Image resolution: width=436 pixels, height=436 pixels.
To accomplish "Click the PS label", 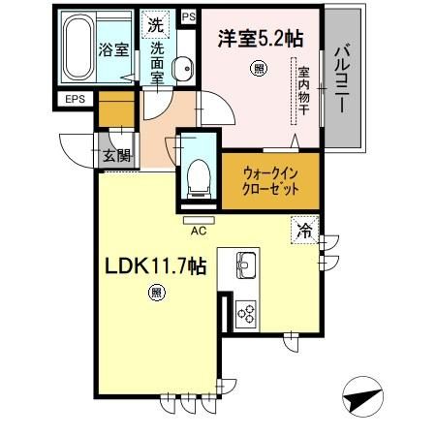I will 187,16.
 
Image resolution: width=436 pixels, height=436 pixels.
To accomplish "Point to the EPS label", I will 76,99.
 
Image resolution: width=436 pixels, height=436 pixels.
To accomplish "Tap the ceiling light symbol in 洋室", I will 259,68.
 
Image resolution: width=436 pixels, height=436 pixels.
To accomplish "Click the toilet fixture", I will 198,174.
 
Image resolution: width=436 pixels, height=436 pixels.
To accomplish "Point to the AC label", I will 197,231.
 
